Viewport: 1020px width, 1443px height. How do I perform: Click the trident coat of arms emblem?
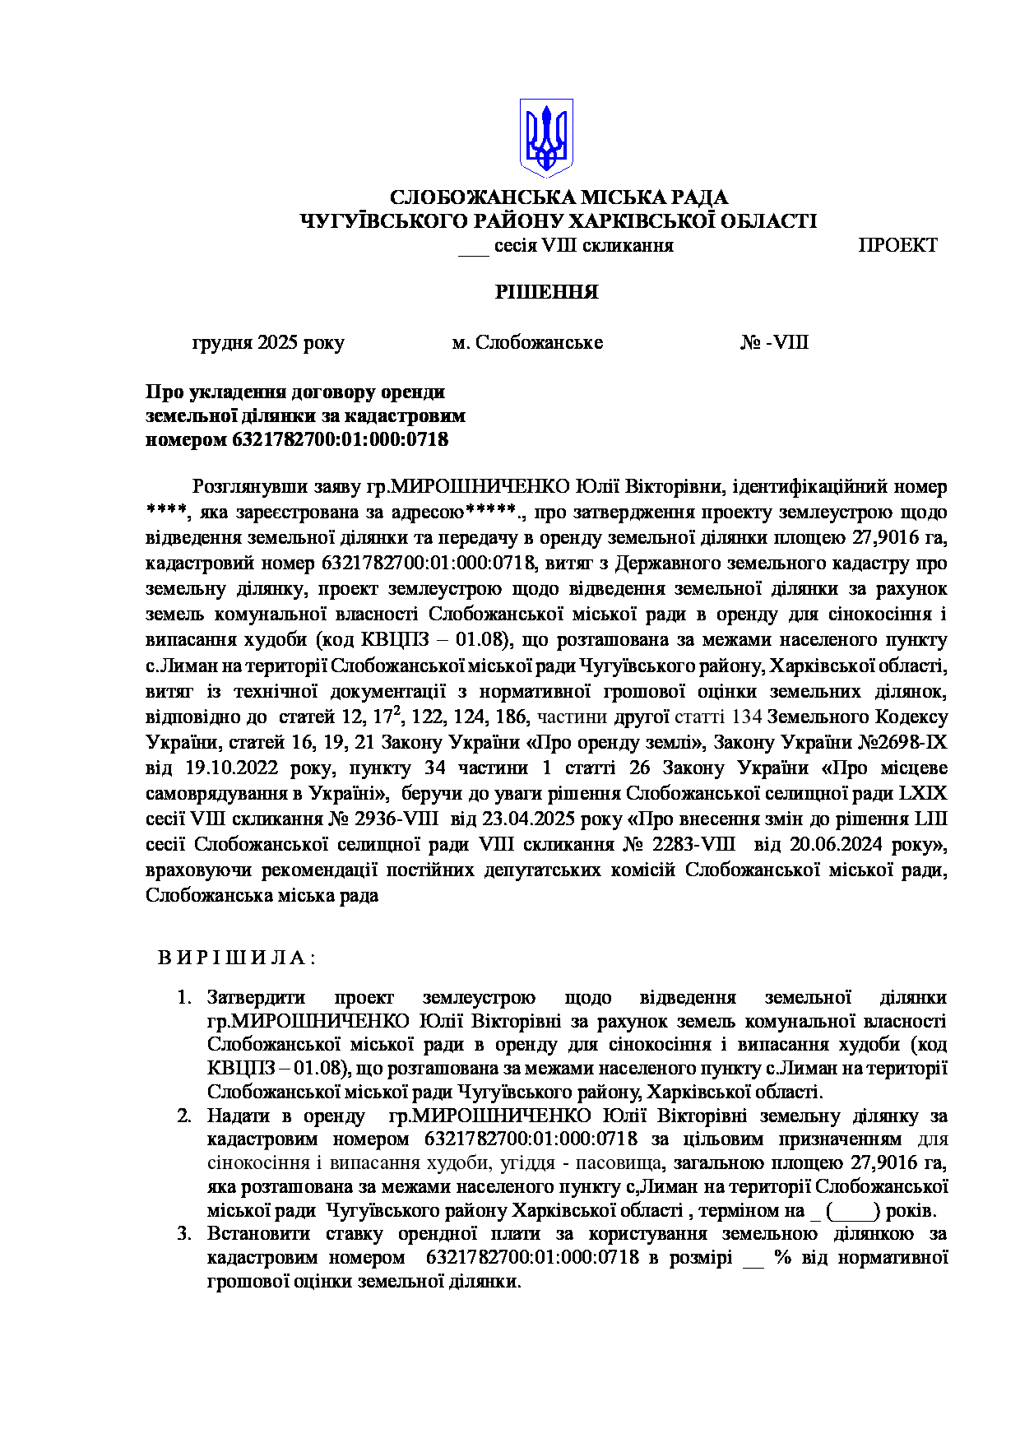click(x=545, y=137)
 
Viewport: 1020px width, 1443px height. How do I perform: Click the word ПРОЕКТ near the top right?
click(x=897, y=245)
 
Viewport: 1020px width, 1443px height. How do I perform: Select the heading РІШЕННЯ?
click(x=546, y=292)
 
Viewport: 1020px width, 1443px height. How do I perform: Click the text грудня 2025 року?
click(x=268, y=342)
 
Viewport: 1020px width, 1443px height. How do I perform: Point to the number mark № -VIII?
click(x=774, y=342)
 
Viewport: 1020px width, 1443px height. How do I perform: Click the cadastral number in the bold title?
click(x=341, y=439)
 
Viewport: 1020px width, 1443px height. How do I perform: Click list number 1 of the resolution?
click(x=184, y=998)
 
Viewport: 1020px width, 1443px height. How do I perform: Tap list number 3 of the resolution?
click(x=184, y=1234)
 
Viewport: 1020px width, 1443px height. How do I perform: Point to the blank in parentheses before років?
click(x=855, y=1212)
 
